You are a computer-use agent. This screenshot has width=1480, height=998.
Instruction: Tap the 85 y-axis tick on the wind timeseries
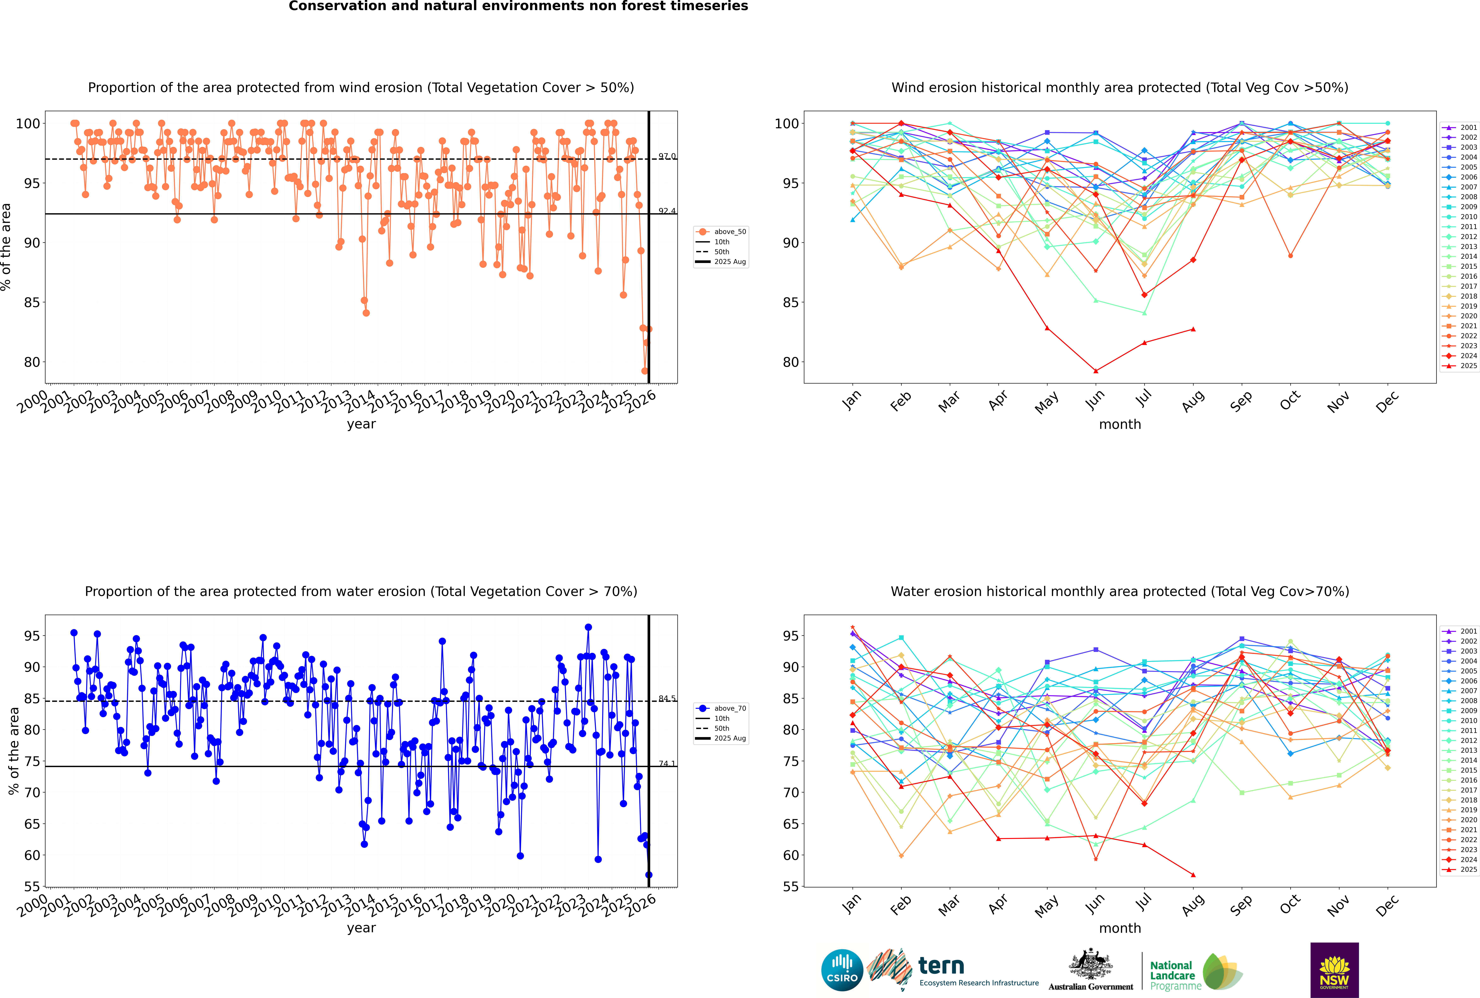[x=32, y=302]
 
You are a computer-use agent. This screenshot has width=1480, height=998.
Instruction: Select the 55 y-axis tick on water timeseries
[x=32, y=887]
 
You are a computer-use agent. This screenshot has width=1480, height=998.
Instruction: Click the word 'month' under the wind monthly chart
[x=1120, y=425]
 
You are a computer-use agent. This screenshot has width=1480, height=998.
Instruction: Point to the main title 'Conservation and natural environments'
[x=518, y=6]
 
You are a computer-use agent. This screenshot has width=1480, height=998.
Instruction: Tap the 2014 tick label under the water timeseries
[x=360, y=905]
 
